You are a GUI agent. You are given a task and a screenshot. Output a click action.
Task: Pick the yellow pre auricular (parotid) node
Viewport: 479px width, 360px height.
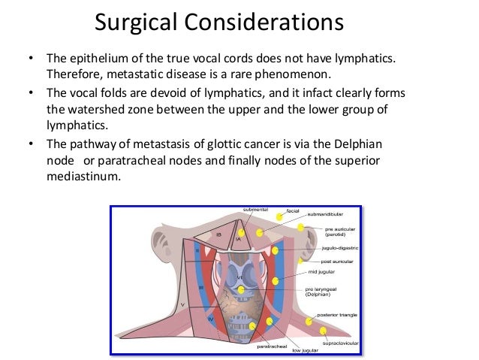tap(301, 228)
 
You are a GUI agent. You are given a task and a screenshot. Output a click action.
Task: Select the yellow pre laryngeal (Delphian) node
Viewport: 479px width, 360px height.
tap(241, 289)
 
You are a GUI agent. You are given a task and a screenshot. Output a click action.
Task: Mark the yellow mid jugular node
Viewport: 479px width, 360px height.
tap(276, 280)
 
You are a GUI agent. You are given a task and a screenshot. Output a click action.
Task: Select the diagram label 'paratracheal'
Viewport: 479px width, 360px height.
tap(271, 347)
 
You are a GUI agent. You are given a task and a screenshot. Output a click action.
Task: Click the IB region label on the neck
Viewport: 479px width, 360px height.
tap(218, 234)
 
